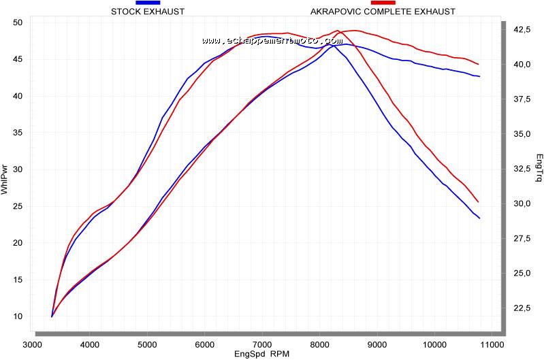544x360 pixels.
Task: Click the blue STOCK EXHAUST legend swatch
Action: tap(148, 3)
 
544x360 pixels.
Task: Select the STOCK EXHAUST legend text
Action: tap(148, 12)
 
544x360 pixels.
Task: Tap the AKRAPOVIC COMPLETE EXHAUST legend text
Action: tap(383, 12)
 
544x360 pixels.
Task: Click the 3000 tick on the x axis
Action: tap(33, 344)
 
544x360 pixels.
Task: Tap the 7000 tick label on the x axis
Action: tap(262, 344)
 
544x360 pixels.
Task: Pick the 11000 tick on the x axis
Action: tap(492, 344)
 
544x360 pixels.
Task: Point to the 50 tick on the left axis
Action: tap(18, 22)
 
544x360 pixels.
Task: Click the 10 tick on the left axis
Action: tap(18, 316)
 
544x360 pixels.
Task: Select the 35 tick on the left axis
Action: tap(18, 133)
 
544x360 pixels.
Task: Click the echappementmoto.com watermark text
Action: tap(272, 41)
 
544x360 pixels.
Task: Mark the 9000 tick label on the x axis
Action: tap(377, 344)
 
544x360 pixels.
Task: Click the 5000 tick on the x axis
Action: tap(148, 344)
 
